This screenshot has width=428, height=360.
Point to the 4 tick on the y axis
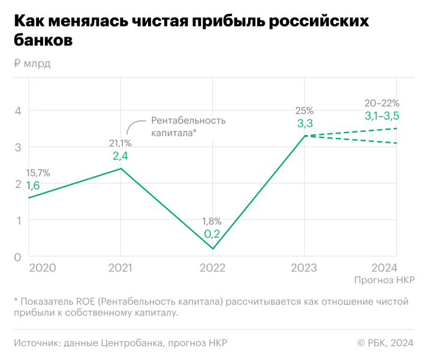(x=18, y=110)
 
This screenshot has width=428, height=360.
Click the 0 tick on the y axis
(x=18, y=257)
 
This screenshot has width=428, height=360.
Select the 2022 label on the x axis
(x=213, y=268)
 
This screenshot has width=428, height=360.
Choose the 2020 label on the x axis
(x=43, y=268)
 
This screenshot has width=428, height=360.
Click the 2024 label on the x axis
(x=384, y=268)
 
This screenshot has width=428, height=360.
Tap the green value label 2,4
(x=120, y=156)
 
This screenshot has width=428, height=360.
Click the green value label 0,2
(x=212, y=234)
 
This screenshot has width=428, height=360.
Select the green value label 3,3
(x=305, y=124)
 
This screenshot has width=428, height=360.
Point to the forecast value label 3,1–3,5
(x=382, y=116)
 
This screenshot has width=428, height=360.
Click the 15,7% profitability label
(x=38, y=173)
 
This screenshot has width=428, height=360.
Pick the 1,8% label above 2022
(x=212, y=221)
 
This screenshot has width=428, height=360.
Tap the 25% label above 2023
(x=305, y=110)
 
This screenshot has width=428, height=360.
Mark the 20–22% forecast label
(x=382, y=103)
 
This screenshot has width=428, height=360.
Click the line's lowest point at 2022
(x=213, y=249)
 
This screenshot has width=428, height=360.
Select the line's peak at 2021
(x=121, y=169)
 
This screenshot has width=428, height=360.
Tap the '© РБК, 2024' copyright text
(x=385, y=343)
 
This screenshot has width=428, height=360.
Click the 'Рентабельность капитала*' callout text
(x=188, y=126)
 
